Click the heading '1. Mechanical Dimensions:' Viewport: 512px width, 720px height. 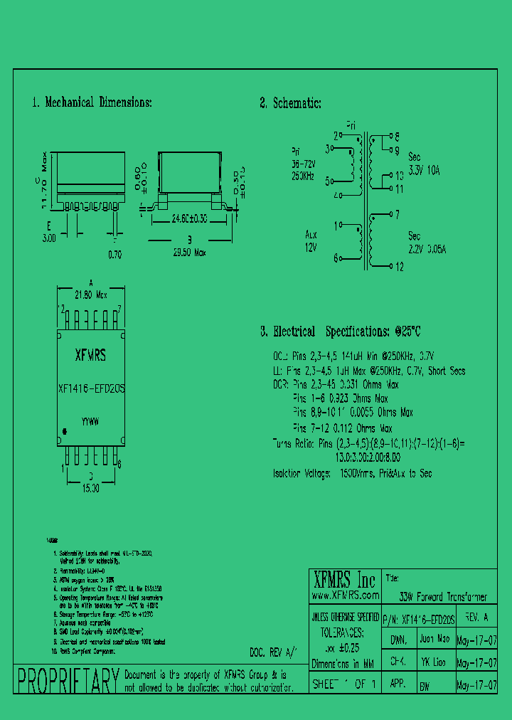(92, 102)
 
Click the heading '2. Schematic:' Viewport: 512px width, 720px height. (290, 103)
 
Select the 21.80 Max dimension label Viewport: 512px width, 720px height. (90, 294)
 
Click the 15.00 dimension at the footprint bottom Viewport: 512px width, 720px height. (90, 489)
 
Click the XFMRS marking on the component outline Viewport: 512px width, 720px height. (90, 355)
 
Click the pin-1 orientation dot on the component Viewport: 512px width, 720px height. (65, 431)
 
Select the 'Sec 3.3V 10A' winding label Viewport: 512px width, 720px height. (424, 164)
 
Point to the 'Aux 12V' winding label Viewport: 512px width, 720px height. (311, 240)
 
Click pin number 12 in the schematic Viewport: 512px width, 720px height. (399, 267)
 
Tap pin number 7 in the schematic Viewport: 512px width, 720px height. (397, 213)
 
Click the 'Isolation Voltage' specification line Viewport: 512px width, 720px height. (353, 473)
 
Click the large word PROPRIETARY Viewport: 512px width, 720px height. (68, 681)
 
